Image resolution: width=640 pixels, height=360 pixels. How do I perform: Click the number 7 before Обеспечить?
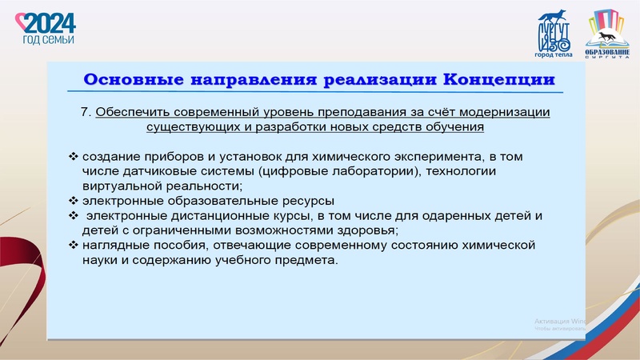coord(86,113)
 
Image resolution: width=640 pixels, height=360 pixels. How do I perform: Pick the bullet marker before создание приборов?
coord(74,156)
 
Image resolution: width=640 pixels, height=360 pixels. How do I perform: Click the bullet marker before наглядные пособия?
coord(74,245)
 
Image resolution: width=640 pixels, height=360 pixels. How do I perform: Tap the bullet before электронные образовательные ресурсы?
coord(74,201)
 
